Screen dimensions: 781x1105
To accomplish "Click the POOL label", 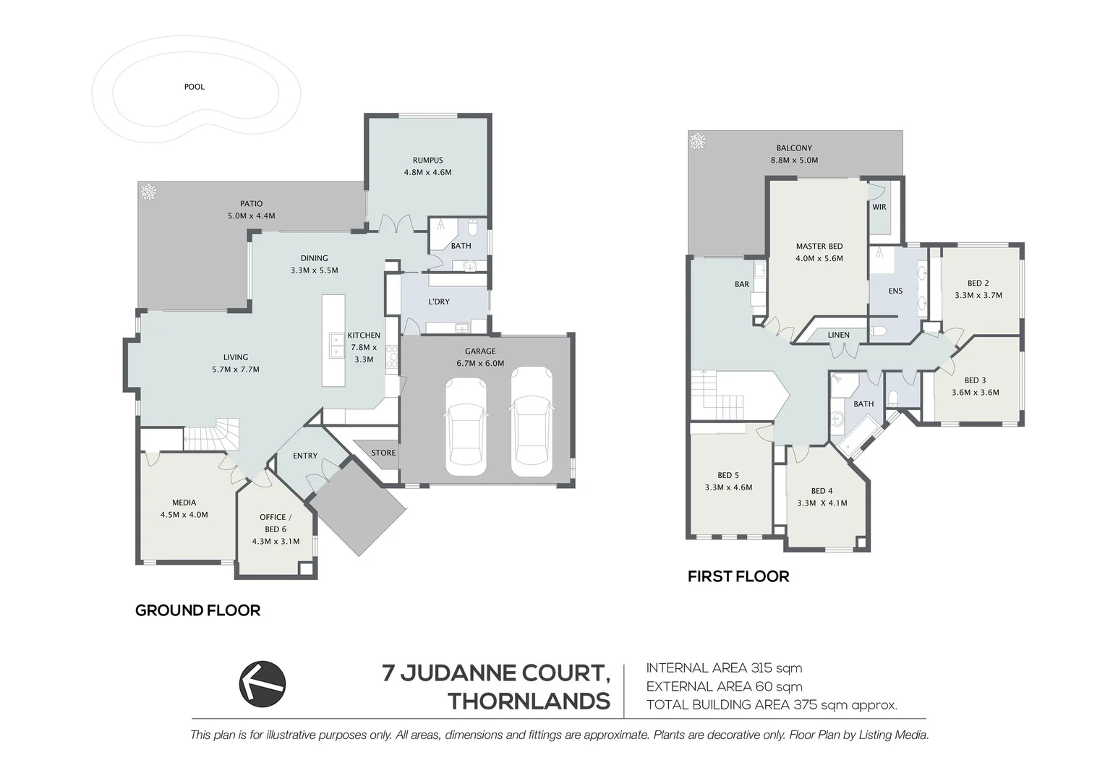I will (194, 87).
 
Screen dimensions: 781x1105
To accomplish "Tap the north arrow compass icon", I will (263, 683).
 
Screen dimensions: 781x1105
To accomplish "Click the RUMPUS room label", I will (427, 161).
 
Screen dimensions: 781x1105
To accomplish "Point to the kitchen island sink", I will (336, 346).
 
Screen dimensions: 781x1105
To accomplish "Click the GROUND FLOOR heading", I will (197, 610).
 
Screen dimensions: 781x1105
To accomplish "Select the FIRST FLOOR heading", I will (738, 576).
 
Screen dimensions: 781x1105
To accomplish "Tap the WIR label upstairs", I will (879, 207).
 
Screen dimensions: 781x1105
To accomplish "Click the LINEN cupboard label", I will (838, 335).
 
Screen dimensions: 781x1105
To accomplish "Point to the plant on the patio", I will (148, 192).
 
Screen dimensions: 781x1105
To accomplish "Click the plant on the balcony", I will (698, 141).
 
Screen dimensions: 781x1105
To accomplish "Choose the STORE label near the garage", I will (383, 453).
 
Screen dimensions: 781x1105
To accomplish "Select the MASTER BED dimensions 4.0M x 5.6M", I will (819, 258).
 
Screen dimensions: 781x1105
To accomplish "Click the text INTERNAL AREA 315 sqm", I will (724, 668).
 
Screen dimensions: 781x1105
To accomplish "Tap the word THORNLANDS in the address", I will (529, 701).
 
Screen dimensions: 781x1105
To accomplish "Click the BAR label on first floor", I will (741, 284).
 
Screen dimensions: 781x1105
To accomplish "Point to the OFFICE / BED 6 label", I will (276, 523).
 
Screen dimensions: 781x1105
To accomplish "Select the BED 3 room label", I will (974, 380).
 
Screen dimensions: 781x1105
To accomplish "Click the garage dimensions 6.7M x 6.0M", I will (480, 364).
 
